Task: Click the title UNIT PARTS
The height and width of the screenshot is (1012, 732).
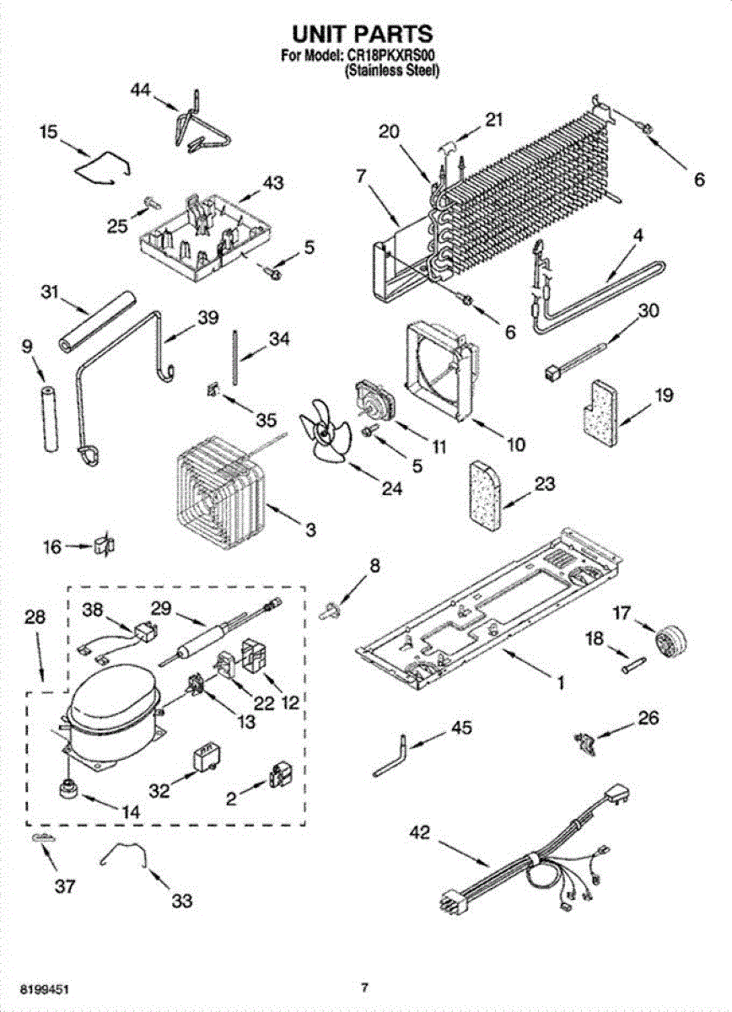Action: (362, 35)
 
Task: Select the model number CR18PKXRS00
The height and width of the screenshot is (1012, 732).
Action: (394, 57)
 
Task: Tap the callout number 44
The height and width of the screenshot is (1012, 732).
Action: (142, 91)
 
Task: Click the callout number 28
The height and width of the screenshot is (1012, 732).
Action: (35, 617)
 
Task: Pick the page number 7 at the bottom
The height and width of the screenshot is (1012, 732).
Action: (364, 987)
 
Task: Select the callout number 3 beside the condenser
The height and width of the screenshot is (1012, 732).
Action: (310, 530)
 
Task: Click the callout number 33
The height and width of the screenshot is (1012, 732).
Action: (181, 902)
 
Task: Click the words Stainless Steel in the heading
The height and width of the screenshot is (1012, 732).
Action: (392, 72)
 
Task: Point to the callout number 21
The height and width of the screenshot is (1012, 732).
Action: (492, 120)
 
